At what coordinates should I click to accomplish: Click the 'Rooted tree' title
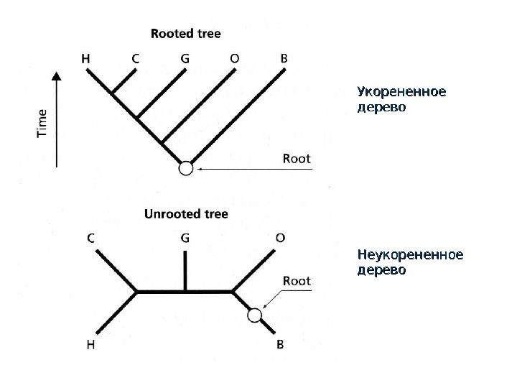pos(186,33)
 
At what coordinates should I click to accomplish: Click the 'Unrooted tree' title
pos(186,214)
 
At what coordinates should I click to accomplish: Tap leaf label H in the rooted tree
pos(85,59)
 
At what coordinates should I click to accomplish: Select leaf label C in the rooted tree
pos(135,59)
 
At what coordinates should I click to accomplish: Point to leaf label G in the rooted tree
pos(185,59)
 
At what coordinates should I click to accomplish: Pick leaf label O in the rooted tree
pos(235,59)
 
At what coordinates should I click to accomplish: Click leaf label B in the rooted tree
pos(284,59)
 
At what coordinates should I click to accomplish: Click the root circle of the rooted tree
pos(186,168)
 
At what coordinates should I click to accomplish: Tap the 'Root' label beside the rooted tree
pos(297,158)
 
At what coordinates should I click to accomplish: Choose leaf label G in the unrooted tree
pos(185,238)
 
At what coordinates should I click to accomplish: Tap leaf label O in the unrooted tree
pos(280,238)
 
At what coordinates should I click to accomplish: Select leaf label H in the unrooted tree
pos(91,345)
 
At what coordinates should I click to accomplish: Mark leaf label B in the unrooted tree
pos(280,345)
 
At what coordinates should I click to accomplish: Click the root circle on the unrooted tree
pos(253,315)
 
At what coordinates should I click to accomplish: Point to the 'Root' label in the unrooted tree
pos(297,281)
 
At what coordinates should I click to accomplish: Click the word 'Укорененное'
pos(401,93)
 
